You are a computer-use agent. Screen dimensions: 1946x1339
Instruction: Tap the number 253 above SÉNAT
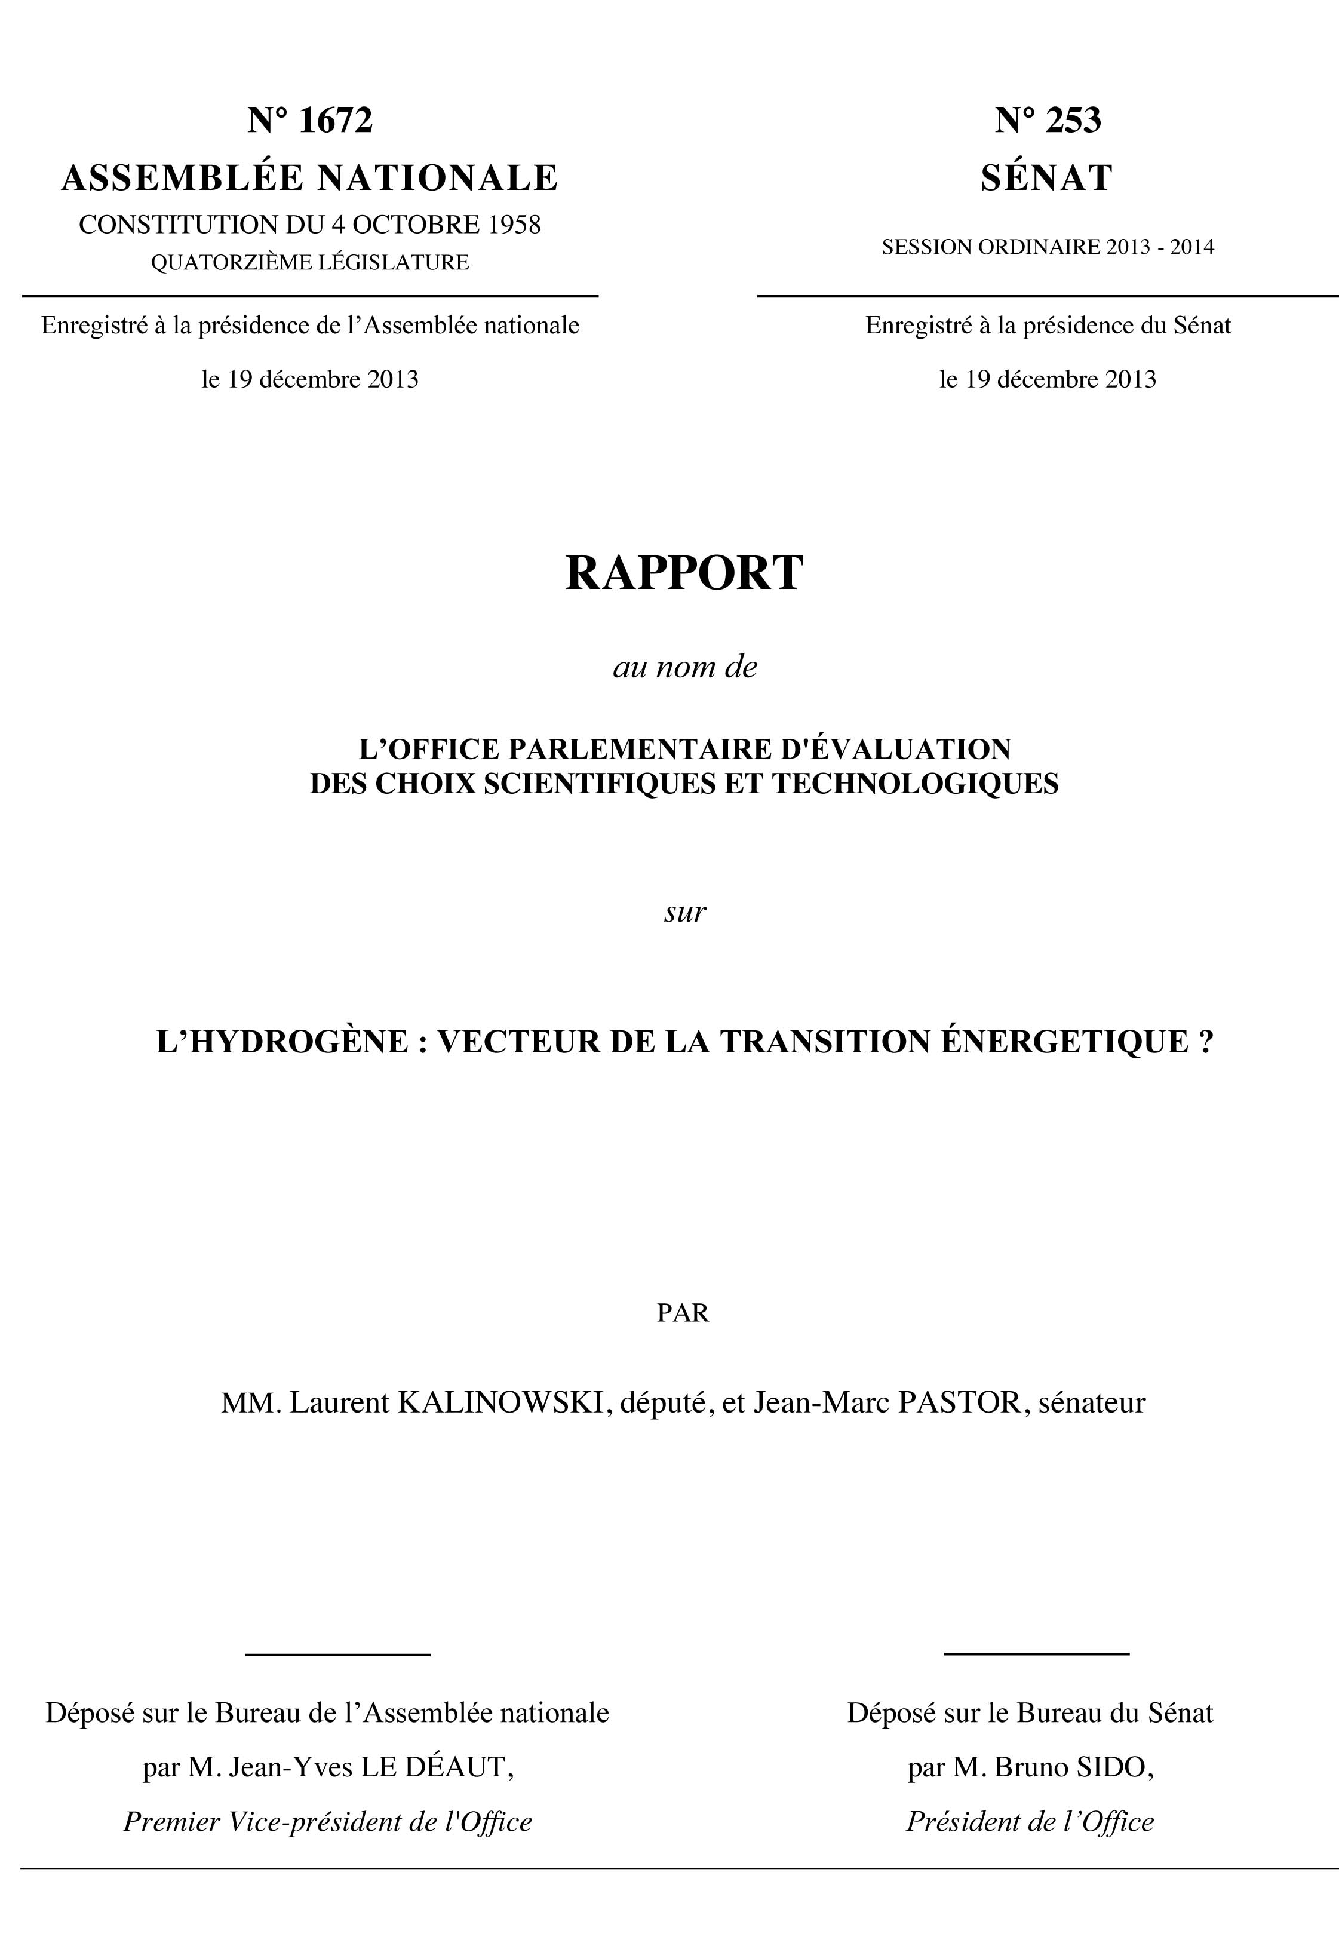1073,120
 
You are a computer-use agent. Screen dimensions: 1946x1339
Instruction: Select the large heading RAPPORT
684,573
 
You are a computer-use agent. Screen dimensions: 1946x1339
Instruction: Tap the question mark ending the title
1206,1042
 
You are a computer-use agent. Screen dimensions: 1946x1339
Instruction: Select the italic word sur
684,912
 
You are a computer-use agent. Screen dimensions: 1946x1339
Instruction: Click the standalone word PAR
683,1312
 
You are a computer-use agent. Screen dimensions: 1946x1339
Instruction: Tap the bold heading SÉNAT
1047,178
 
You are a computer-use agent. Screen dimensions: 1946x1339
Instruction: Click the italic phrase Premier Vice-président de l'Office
328,1821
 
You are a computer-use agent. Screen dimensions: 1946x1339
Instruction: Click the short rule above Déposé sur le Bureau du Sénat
1036,1654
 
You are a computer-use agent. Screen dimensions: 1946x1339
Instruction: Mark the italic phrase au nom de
684,667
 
